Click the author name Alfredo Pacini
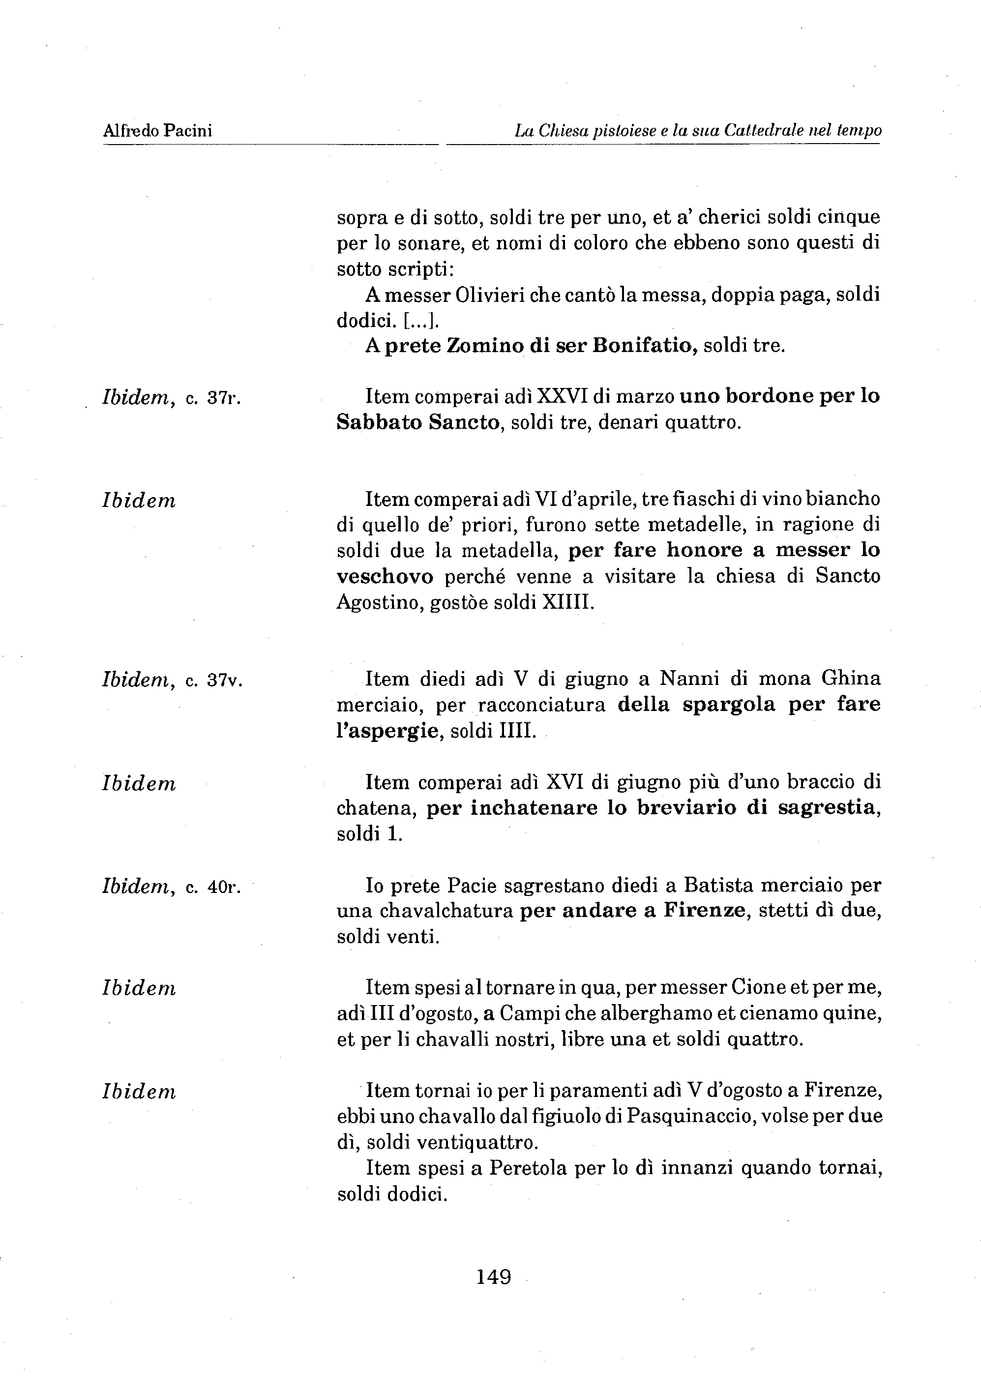point(157,131)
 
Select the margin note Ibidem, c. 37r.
point(172,398)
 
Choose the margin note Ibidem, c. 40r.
point(172,887)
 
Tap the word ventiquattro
point(477,1142)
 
